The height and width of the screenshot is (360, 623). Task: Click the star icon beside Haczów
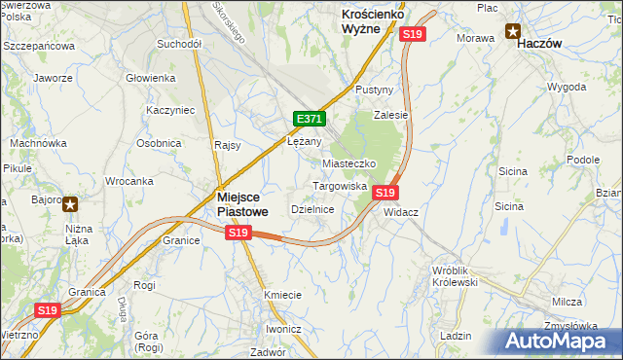coord(512,30)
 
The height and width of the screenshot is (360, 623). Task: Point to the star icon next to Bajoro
coord(70,203)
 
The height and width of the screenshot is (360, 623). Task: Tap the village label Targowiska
coord(339,185)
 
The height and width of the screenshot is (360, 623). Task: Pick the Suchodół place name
coord(178,44)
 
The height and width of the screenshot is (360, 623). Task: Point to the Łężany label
coord(304,140)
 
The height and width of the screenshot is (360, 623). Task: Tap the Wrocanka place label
coord(129,181)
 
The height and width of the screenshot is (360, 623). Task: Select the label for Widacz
coord(401,212)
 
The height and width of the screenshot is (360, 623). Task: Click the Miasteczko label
coord(349,163)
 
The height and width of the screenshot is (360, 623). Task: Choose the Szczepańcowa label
coord(39,46)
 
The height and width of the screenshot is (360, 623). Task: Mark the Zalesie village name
coord(390,114)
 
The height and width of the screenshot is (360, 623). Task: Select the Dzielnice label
coord(313,209)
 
